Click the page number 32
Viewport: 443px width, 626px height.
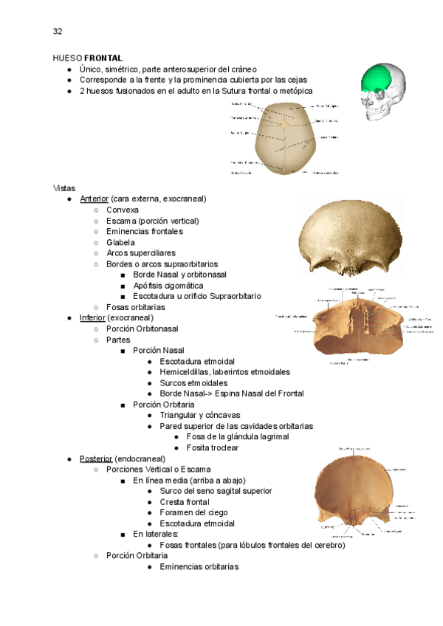pos(57,31)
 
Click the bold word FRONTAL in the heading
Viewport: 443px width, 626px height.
pos(103,58)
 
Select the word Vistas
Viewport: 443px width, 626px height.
pos(64,188)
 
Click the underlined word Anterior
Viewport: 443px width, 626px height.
pos(94,199)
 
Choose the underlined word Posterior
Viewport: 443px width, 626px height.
pos(96,459)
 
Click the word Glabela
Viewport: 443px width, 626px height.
pos(120,242)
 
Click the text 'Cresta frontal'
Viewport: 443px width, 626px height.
pos(185,502)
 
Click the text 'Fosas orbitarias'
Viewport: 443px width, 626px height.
pos(136,307)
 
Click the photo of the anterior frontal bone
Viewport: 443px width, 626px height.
pos(351,238)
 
